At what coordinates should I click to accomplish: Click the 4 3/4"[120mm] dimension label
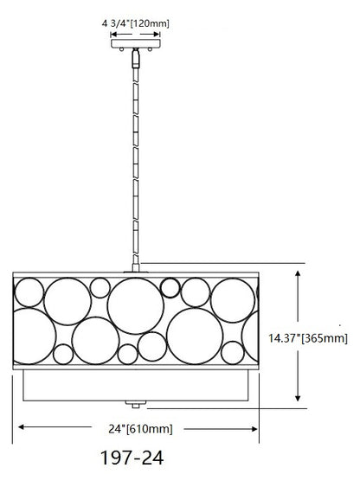coord(135,23)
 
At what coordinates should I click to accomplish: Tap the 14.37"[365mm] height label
coord(308,338)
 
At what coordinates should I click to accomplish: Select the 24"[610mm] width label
coord(140,429)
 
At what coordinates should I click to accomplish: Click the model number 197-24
coord(132,458)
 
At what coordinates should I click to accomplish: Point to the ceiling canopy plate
coord(136,43)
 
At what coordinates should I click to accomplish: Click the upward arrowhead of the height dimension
coord(298,274)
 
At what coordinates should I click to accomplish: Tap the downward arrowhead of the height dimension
coord(298,398)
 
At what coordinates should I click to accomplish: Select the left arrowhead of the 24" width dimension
coord(22,427)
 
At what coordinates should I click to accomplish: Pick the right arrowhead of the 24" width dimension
coord(254,429)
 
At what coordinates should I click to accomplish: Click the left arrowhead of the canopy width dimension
coord(113,34)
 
